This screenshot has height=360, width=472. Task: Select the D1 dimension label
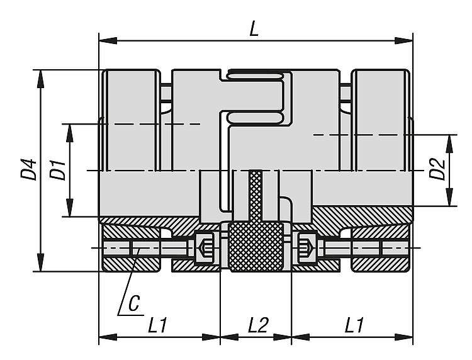[57, 171]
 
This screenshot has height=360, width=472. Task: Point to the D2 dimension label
[437, 169]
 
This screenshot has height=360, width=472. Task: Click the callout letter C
[134, 303]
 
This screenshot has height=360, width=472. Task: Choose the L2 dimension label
[258, 325]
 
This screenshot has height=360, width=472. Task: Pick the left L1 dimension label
[157, 325]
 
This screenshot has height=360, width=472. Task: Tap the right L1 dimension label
[354, 325]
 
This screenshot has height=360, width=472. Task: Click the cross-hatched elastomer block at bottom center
[256, 247]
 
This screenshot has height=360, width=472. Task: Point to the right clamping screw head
[307, 248]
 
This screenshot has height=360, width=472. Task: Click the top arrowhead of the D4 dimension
[40, 79]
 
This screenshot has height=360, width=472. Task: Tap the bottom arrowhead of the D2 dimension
[449, 197]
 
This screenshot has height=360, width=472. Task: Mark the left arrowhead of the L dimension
[108, 41]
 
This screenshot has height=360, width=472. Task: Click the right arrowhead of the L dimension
[403, 41]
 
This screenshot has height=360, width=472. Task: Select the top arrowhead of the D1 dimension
[69, 133]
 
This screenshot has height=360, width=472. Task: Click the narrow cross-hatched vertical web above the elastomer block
[256, 196]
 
